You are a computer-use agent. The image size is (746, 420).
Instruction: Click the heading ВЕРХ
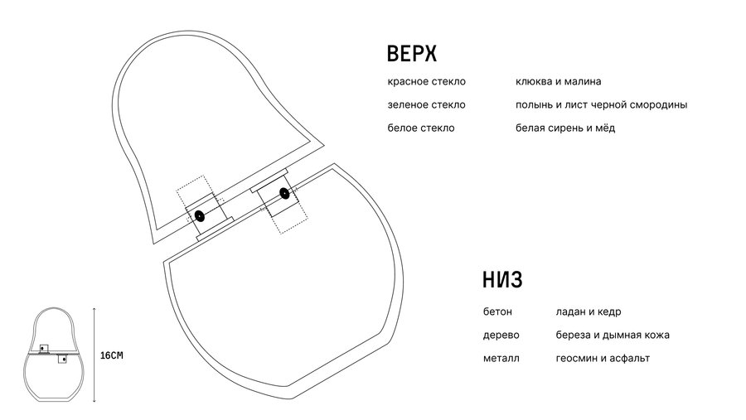(411, 55)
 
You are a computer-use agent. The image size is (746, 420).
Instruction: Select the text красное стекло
(426, 82)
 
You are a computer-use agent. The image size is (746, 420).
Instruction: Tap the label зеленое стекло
(426, 105)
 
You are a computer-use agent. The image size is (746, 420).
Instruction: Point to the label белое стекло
(420, 128)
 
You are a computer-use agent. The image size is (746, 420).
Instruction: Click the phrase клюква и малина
(558, 82)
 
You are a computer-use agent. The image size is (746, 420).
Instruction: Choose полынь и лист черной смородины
(601, 105)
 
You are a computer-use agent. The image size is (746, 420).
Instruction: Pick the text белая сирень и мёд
(565, 128)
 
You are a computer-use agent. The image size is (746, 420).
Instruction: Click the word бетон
(497, 312)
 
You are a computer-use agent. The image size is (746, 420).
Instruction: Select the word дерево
(501, 336)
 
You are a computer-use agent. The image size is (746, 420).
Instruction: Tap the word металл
(501, 358)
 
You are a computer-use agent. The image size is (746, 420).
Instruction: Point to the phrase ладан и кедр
(589, 312)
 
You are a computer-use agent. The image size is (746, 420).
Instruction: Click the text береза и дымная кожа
(613, 336)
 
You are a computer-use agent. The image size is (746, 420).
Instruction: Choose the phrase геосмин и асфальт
(603, 358)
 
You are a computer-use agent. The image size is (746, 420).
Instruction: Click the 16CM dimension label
(111, 355)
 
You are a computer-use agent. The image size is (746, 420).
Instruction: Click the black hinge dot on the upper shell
(199, 217)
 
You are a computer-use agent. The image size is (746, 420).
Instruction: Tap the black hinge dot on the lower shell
(284, 195)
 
